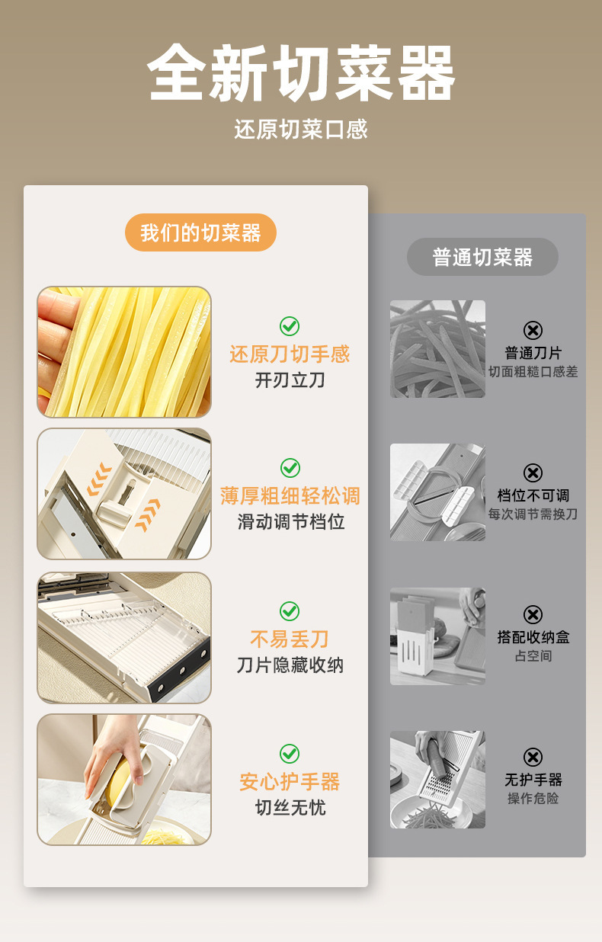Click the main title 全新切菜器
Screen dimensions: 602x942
pyautogui.click(x=301, y=72)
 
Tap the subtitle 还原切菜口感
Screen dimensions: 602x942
pyautogui.click(x=301, y=129)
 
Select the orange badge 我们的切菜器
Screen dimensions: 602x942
pyautogui.click(x=200, y=232)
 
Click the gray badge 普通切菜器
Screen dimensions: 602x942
pyautogui.click(x=482, y=257)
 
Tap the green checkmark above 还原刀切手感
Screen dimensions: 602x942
pyautogui.click(x=290, y=326)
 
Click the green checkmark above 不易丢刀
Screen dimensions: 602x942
pyautogui.click(x=290, y=611)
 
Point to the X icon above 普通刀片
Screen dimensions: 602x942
pyautogui.click(x=533, y=330)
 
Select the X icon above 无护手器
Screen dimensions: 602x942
pyautogui.click(x=533, y=758)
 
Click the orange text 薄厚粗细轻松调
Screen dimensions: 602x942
pyautogui.click(x=290, y=496)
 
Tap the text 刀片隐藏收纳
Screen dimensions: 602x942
pyautogui.click(x=290, y=665)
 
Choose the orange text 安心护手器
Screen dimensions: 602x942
pyautogui.click(x=290, y=782)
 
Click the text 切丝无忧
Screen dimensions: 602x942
pyautogui.click(x=290, y=807)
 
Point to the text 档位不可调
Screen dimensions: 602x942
pyautogui.click(x=533, y=495)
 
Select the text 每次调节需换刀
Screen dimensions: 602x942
pyautogui.click(x=533, y=514)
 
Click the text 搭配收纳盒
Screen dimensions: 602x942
pyautogui.click(x=533, y=637)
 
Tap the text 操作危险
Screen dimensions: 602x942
pyautogui.click(x=533, y=798)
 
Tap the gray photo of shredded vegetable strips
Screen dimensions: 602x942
pyautogui.click(x=437, y=349)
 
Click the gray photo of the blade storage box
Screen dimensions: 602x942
pyautogui.click(x=437, y=636)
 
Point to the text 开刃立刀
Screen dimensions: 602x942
pyautogui.click(x=290, y=380)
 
